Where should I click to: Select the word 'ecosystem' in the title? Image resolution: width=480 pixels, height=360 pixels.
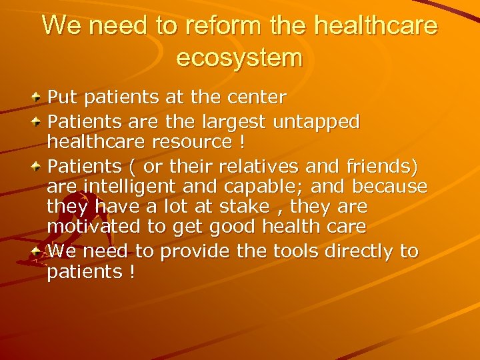point(239,57)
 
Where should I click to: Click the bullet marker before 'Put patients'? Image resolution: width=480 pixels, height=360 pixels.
point(38,98)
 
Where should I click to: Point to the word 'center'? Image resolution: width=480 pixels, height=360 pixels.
point(257,98)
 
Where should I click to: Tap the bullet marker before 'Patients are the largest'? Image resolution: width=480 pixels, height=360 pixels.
point(38,122)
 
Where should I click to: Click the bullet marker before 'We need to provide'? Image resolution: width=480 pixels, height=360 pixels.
point(38,251)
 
